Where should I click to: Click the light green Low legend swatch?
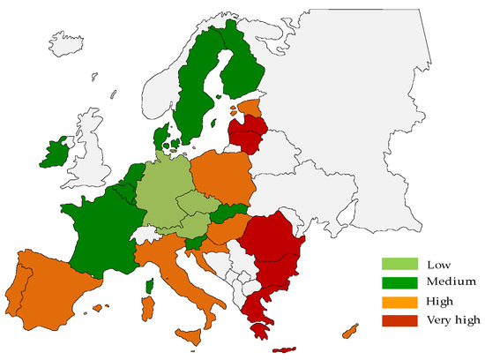[399, 265]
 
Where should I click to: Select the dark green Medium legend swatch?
[399, 282]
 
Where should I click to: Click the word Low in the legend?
[437, 265]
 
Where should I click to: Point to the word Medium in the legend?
[451, 282]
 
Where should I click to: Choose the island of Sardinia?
[148, 308]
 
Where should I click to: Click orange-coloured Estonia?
[250, 109]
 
